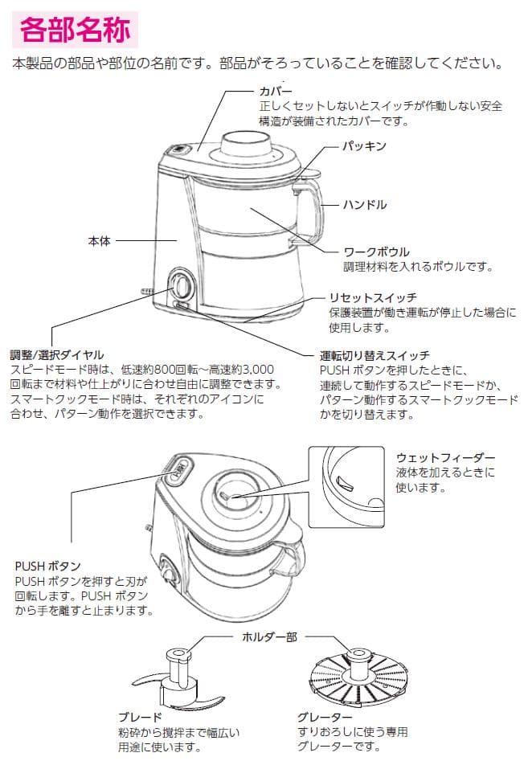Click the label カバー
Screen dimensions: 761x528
click(274, 91)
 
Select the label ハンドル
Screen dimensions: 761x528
click(366, 205)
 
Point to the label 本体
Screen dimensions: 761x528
click(99, 240)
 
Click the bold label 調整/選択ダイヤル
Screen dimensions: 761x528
click(57, 354)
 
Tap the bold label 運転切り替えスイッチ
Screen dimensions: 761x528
click(374, 354)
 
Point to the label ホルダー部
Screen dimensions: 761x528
click(269, 636)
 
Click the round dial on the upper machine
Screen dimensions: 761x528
click(182, 286)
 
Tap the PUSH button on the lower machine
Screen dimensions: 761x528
click(178, 471)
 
